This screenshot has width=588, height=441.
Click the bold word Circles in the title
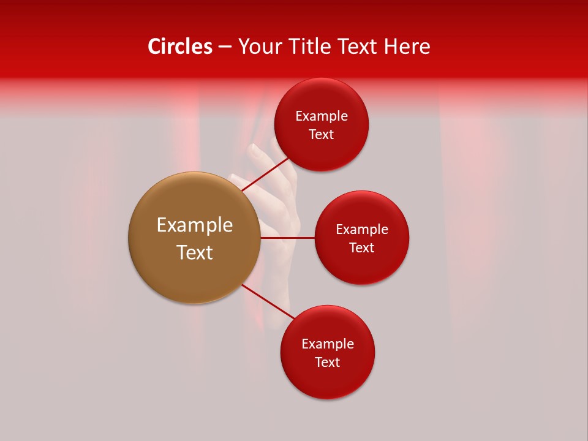(x=179, y=47)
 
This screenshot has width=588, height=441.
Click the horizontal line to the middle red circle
(x=287, y=238)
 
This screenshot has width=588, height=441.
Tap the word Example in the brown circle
(x=194, y=225)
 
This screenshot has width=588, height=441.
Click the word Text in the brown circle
(x=194, y=252)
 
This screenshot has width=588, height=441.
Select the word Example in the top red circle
(x=321, y=116)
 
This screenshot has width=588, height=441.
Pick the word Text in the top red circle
(x=321, y=135)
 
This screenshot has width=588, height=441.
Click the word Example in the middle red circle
(x=361, y=230)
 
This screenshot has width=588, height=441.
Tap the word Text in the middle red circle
(x=361, y=248)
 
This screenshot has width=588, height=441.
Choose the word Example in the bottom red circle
(x=327, y=344)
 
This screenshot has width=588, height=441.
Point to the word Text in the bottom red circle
(x=327, y=363)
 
